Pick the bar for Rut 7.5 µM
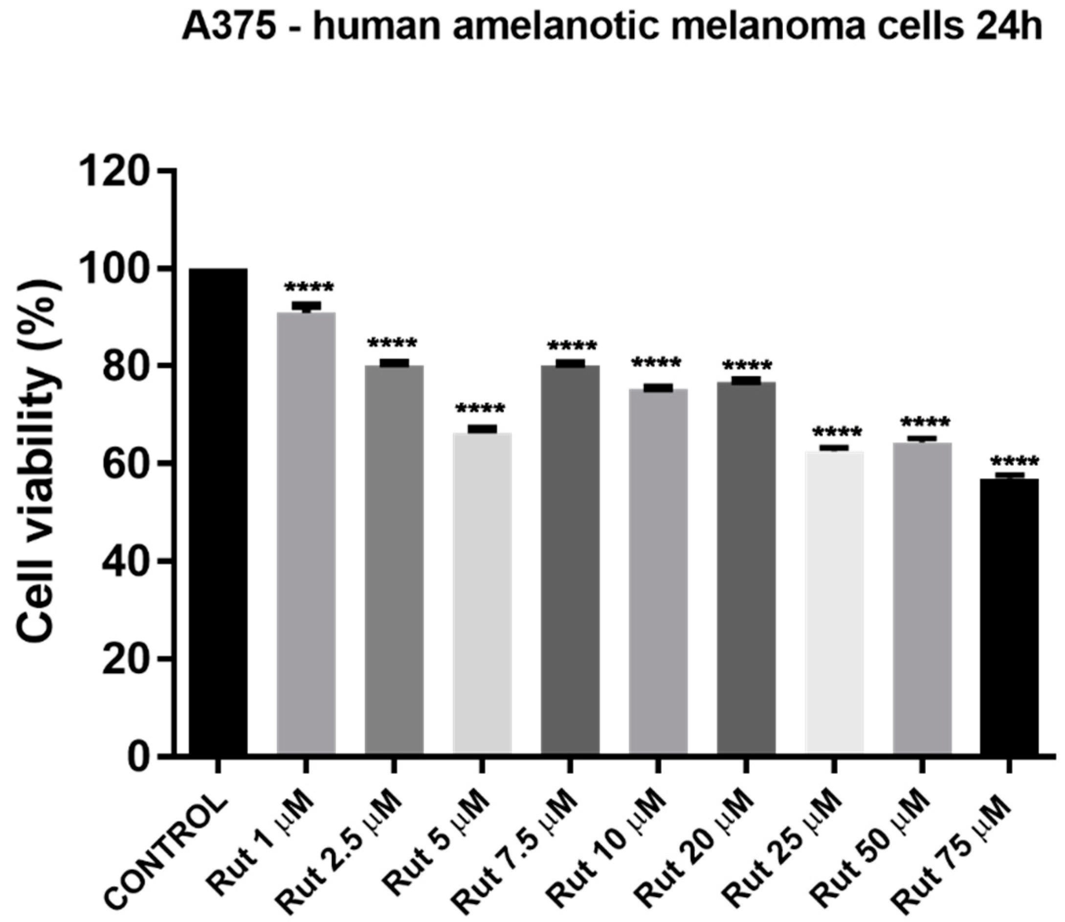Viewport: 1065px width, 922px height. pos(570,561)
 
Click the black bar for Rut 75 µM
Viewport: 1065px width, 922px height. pos(1009,617)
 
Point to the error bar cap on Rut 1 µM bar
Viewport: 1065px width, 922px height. pos(306,306)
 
